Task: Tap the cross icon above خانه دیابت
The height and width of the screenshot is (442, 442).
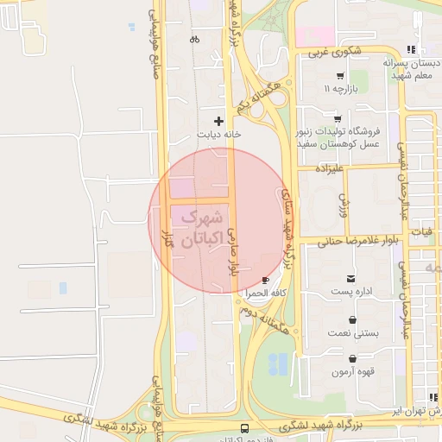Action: pos(218,121)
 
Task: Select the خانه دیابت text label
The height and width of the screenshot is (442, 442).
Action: pos(218,134)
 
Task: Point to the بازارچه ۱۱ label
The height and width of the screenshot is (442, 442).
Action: pos(339,89)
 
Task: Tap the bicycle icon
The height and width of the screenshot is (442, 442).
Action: pos(194,39)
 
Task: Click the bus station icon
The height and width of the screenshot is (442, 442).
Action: pos(245,428)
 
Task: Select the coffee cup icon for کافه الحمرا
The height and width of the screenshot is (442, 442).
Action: pos(264,281)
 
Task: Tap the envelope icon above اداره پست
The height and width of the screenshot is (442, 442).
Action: pos(350,279)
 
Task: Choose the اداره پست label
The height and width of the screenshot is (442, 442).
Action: pos(350,293)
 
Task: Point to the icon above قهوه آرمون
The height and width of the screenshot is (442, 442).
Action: pos(352,358)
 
